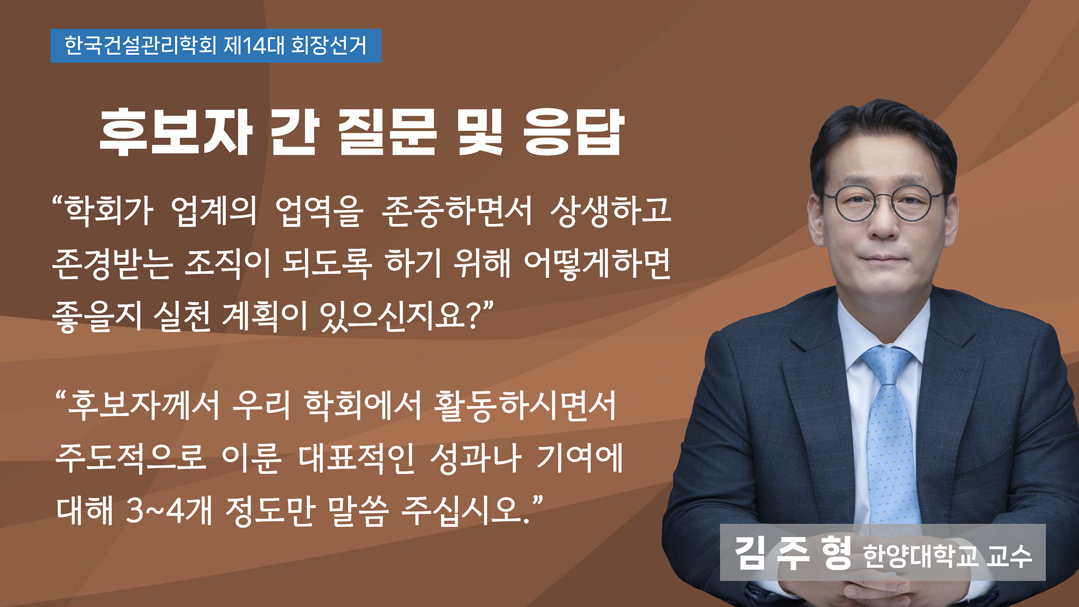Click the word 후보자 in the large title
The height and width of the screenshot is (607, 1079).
(176, 131)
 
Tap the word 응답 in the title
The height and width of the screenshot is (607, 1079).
(574, 131)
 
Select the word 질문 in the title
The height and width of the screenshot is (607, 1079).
(387, 131)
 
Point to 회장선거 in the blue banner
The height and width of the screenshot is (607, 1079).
(329, 45)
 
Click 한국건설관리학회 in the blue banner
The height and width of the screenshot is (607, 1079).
(140, 45)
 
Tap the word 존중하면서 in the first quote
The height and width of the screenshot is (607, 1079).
(457, 211)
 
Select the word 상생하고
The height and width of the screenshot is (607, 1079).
(611, 211)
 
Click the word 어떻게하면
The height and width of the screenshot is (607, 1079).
(597, 264)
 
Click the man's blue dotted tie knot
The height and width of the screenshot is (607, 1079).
(887, 362)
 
